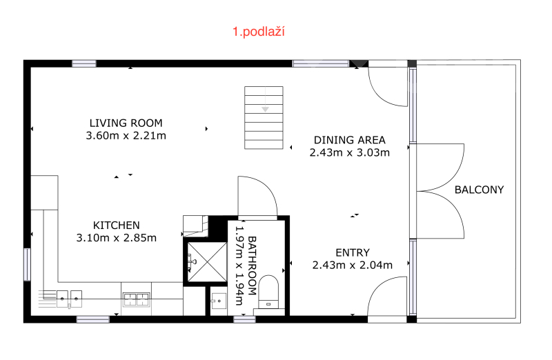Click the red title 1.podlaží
click(x=258, y=32)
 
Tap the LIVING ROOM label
click(x=126, y=123)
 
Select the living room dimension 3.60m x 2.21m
click(x=126, y=135)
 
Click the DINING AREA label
click(x=350, y=140)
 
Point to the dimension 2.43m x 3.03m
click(x=350, y=152)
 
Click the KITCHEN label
click(x=116, y=226)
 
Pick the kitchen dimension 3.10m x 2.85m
click(x=116, y=238)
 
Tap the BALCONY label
click(x=479, y=190)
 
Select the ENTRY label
click(x=353, y=252)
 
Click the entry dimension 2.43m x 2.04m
click(x=353, y=265)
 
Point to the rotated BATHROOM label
click(x=252, y=266)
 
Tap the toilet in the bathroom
click(x=268, y=292)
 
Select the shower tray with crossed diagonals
click(x=207, y=262)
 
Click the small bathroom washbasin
click(x=219, y=301)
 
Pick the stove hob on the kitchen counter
click(x=136, y=299)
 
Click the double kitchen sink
click(x=69, y=299)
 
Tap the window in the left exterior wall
click(x=27, y=264)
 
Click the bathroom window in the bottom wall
click(x=244, y=319)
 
